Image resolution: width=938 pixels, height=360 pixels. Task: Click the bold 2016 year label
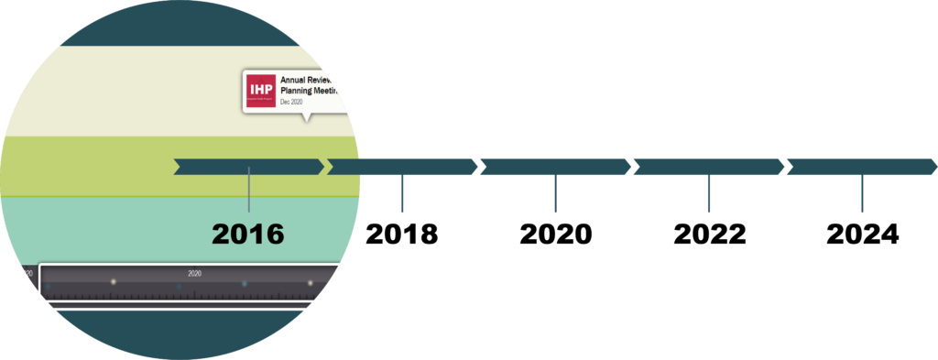[x=248, y=234]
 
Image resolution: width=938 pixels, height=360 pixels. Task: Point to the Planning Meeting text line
[x=310, y=91]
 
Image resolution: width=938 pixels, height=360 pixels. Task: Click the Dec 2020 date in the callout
[x=291, y=102]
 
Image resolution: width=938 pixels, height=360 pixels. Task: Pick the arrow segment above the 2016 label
[x=248, y=167]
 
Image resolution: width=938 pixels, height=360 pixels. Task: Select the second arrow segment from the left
[x=402, y=167]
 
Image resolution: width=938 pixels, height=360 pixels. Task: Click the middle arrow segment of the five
[x=555, y=167]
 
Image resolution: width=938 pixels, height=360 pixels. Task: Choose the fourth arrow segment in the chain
[x=708, y=167]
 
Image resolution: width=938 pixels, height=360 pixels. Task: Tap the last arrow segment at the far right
[x=862, y=167]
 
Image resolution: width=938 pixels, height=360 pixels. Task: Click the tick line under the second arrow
[x=402, y=194]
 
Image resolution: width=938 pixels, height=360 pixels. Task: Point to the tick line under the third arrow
[x=555, y=194]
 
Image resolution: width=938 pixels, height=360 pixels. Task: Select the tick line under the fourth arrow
[x=708, y=194]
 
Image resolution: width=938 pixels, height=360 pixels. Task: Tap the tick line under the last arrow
[x=862, y=194]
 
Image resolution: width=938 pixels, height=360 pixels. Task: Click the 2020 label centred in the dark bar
[x=194, y=273]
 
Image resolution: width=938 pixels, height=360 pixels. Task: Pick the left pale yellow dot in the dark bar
[x=114, y=282]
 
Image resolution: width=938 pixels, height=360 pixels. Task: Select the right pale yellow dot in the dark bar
[x=310, y=283]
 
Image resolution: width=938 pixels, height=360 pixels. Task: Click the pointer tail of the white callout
[x=308, y=116]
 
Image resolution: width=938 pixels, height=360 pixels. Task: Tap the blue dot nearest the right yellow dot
[x=245, y=284]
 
